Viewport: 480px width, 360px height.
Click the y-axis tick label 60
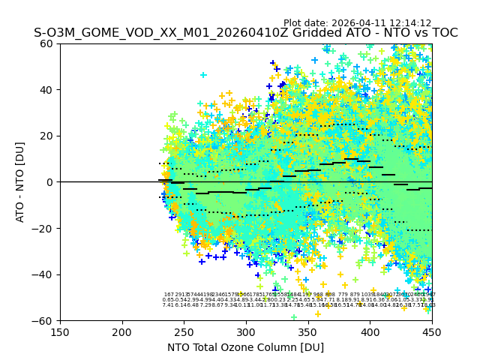pos(47,43)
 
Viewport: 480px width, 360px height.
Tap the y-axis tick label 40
pos(47,90)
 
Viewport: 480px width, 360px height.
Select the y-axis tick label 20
pos(47,136)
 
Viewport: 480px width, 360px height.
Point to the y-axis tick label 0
pos(50,182)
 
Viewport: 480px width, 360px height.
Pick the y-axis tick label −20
pos(44,228)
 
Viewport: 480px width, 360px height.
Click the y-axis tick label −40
pos(44,274)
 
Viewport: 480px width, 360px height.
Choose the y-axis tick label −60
pos(44,320)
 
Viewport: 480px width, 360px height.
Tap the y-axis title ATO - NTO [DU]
pos(20,182)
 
